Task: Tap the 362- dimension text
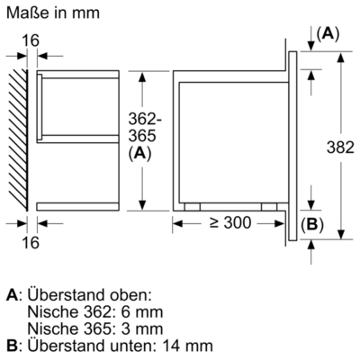(140, 120)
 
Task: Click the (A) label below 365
(139, 154)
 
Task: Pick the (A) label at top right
(328, 33)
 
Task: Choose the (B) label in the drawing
(310, 225)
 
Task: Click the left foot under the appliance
(191, 205)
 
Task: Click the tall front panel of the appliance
(293, 144)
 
